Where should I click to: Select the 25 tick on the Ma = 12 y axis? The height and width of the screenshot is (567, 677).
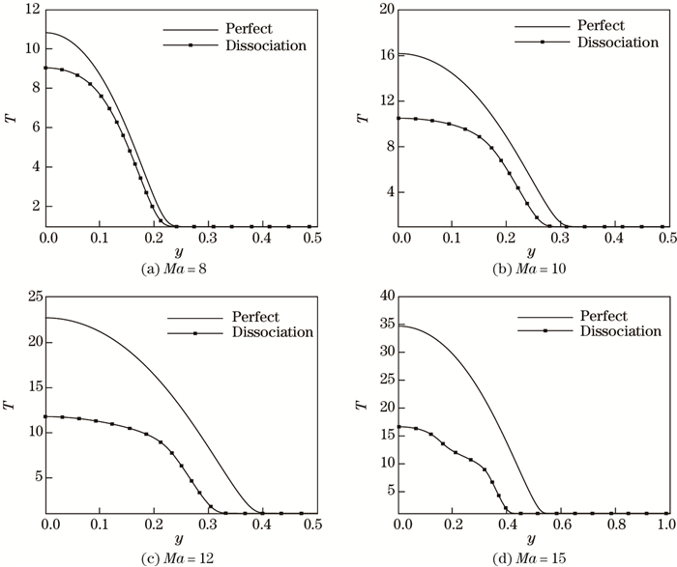30,297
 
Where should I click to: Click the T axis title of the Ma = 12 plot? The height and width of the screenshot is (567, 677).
10,406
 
